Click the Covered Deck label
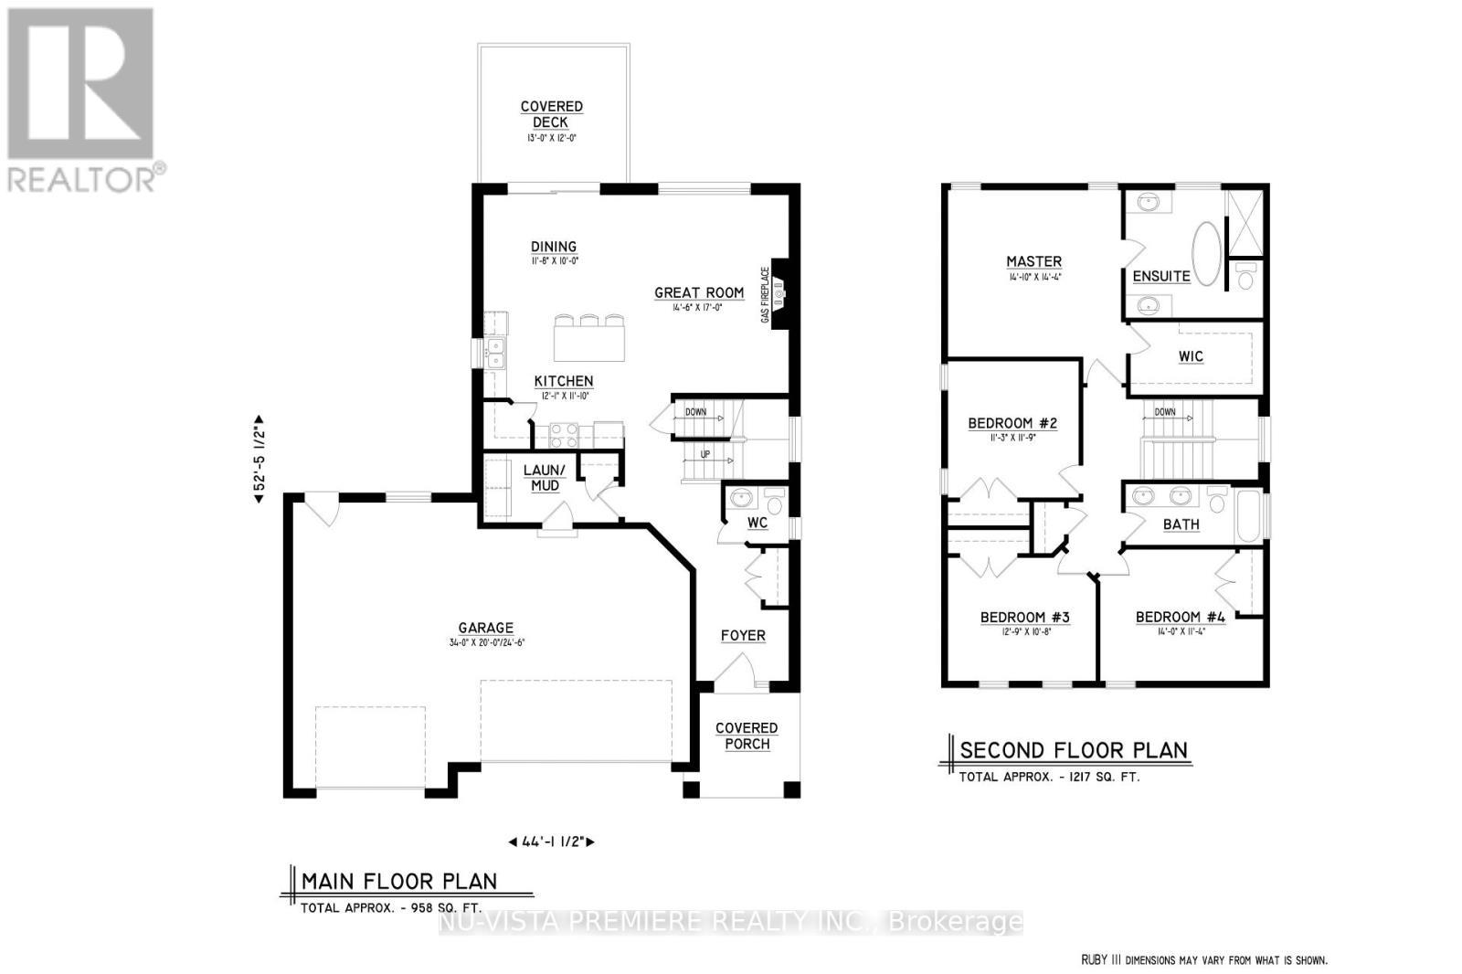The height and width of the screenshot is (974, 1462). [551, 114]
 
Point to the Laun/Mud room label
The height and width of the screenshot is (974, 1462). [545, 478]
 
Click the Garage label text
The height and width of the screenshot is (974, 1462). [486, 628]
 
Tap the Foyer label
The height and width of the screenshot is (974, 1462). [743, 635]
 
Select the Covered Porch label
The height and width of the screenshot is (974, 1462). [747, 736]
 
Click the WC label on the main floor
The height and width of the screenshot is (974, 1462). [757, 524]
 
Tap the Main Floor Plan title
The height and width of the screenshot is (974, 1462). [399, 881]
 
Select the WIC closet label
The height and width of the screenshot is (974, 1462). [1191, 356]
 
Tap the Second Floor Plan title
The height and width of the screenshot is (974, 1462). [1074, 750]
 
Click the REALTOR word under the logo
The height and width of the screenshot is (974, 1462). [83, 178]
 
